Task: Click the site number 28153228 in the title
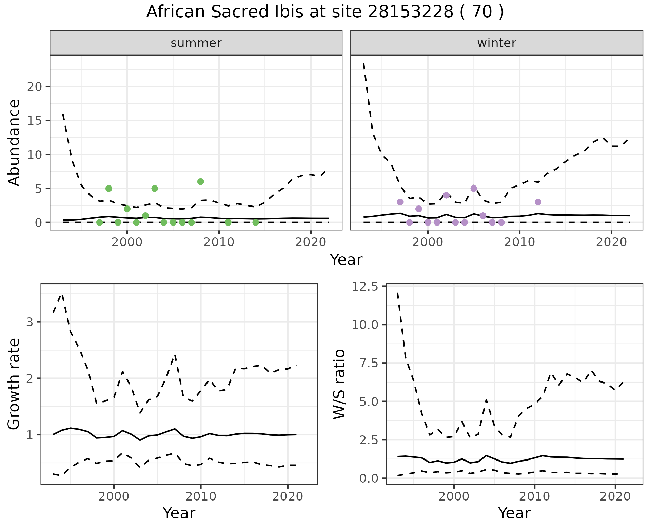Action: tap(411, 12)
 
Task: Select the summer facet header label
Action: tap(196, 43)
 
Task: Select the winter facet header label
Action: tap(496, 43)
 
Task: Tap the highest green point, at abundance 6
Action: tap(200, 181)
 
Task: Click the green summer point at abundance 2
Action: tap(127, 209)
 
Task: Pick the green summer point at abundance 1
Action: tap(145, 215)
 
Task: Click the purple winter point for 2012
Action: tap(538, 202)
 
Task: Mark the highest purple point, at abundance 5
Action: tap(474, 188)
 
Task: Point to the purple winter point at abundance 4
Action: tap(446, 195)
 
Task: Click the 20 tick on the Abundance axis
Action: tap(34, 87)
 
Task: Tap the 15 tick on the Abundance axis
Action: tap(34, 121)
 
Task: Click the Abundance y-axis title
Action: tap(14, 142)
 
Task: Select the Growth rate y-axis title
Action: tap(14, 384)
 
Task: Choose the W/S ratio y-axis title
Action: tap(339, 384)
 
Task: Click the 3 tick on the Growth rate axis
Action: tap(29, 322)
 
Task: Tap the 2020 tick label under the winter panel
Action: tap(611, 242)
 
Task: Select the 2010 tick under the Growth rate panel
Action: tap(201, 496)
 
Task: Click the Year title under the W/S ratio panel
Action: tap(514, 513)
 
